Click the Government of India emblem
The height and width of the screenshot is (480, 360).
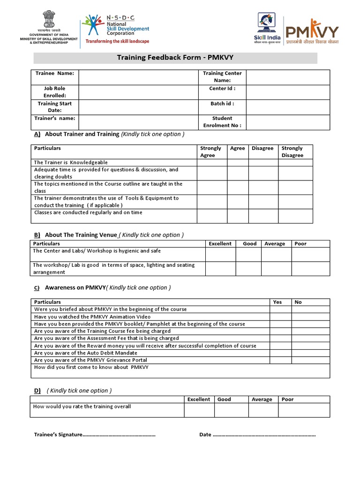coord(48,22)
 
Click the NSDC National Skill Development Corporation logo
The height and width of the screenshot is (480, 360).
coord(115,29)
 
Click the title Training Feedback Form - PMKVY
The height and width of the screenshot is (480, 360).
coord(175,58)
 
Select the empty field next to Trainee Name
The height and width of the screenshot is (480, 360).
coord(138,77)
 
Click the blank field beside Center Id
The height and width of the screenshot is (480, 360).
coord(288,92)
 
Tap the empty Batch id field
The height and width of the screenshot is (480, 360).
coord(288,107)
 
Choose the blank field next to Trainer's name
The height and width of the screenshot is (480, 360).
coord(138,122)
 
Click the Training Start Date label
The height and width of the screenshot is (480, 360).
coord(55,107)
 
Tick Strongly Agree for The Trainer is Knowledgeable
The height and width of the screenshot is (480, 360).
coord(212,163)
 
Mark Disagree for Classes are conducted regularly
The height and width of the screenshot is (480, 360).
coord(263,216)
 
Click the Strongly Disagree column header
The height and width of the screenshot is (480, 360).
coord(292,151)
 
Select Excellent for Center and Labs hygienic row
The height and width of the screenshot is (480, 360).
coord(220,254)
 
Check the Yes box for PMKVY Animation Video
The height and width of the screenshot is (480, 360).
coord(280,316)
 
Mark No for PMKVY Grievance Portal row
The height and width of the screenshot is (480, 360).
coord(311,360)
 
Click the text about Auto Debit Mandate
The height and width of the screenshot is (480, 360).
coord(86,353)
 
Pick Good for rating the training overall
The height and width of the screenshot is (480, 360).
coord(231,410)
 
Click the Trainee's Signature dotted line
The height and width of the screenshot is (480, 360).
coord(119,435)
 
